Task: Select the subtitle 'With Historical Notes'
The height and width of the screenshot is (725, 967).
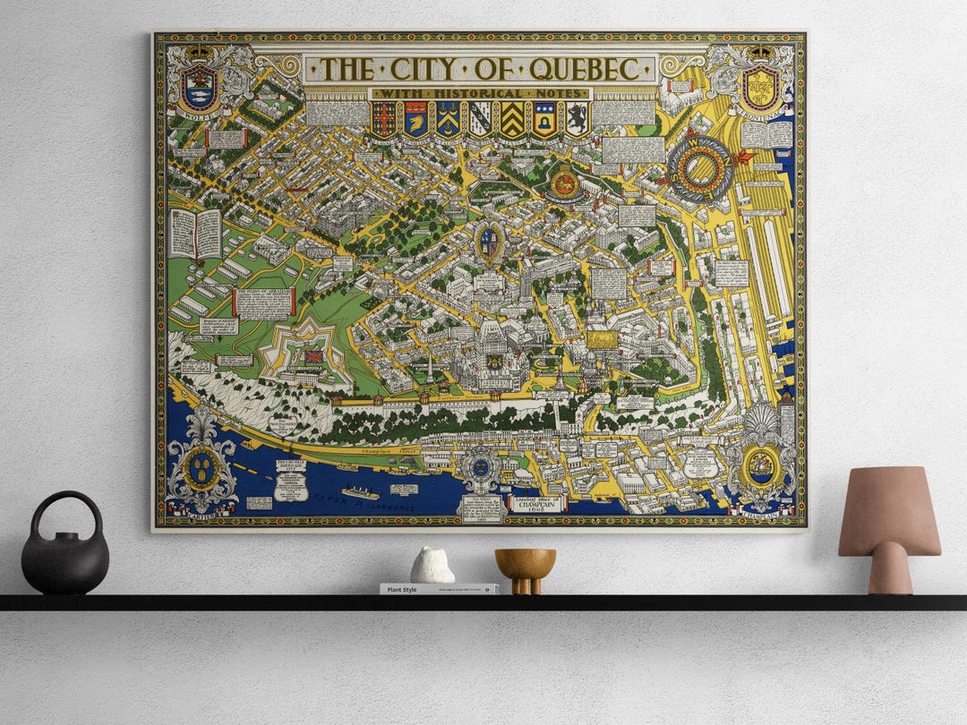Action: coord(480,93)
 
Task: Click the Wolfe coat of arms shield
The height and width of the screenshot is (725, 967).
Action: coord(199,87)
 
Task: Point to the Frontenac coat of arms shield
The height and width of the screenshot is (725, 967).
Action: coord(760,87)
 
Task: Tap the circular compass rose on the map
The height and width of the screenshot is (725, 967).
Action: coord(699,169)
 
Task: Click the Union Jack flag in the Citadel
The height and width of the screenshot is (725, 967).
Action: coord(314,356)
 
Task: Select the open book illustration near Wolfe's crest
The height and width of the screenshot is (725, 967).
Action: coord(196,234)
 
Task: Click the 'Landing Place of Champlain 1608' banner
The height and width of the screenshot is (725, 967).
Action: coord(537,503)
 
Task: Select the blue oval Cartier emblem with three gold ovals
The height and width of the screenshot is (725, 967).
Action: coord(202,467)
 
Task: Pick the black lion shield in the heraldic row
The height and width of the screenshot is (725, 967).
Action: coord(577,118)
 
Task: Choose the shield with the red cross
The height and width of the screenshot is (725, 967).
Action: coord(384,118)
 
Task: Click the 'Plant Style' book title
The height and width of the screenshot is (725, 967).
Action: coord(398,590)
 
